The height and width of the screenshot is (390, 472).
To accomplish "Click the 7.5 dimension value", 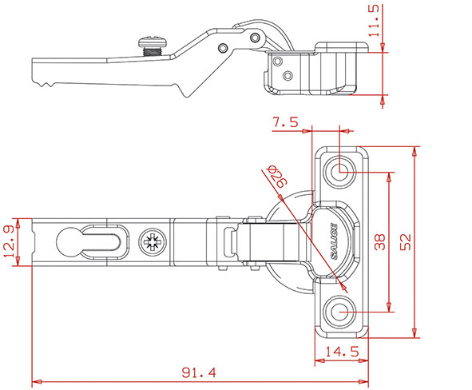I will [x=285, y=122].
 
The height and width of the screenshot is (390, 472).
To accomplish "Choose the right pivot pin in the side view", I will [x=254, y=37].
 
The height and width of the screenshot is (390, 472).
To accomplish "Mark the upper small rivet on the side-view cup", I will [x=277, y=60].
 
